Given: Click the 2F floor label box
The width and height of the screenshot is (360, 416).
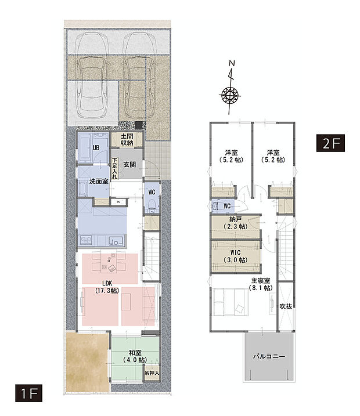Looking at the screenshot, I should [x=330, y=143].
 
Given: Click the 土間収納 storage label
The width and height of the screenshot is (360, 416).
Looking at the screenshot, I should [x=127, y=139].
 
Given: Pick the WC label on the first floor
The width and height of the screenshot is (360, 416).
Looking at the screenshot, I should [x=150, y=191].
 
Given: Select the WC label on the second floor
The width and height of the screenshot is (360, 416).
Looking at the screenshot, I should [x=227, y=205].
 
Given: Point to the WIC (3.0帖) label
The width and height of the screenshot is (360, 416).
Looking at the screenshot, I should [x=235, y=256].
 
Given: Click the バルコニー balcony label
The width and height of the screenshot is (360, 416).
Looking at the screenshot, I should [x=268, y=357].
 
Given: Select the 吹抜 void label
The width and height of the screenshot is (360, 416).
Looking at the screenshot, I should [x=286, y=306].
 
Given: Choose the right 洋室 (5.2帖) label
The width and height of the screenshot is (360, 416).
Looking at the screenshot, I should [x=274, y=155].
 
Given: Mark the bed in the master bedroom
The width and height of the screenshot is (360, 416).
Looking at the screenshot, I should [x=229, y=303].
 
